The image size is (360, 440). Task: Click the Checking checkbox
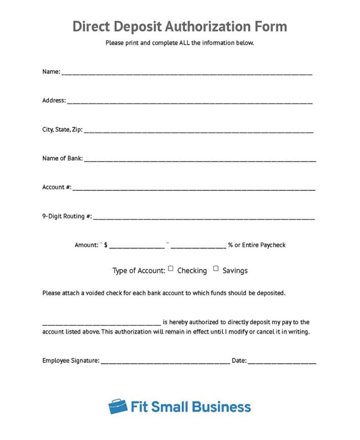(171, 269)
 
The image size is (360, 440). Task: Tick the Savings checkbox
(216, 269)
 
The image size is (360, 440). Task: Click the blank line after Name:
(186, 73)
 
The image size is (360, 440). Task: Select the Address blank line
(189, 102)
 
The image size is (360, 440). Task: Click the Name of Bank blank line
(200, 160)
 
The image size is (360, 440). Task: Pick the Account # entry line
(193, 188)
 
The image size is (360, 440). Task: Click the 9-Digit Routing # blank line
(203, 218)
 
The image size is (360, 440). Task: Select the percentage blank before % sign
(198, 246)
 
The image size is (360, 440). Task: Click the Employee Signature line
(165, 362)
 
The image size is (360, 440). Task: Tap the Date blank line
(282, 362)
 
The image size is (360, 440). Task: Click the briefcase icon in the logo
(118, 406)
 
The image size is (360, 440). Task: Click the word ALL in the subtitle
(183, 43)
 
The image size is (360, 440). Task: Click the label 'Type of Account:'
(139, 271)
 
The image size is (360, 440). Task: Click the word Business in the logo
(221, 407)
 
